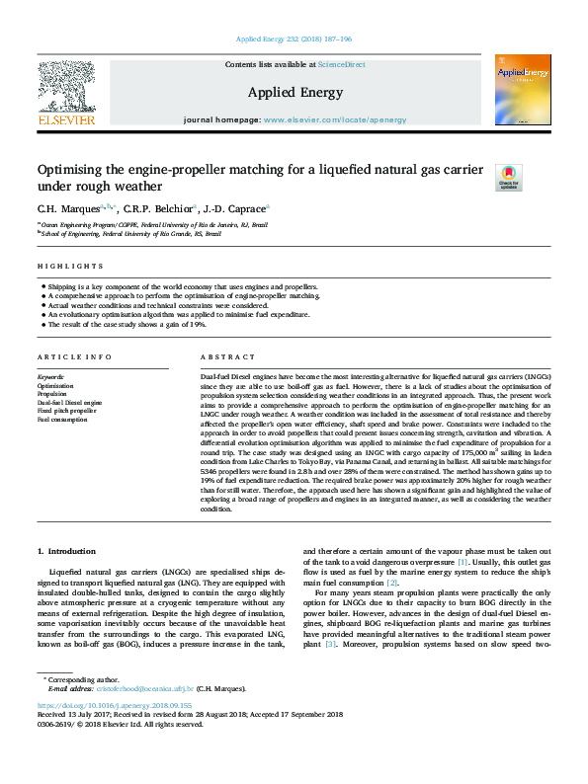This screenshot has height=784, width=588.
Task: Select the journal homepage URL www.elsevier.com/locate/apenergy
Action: point(335,119)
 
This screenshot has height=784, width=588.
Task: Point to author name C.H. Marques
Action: point(68,208)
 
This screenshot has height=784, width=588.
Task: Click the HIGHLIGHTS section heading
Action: point(70,267)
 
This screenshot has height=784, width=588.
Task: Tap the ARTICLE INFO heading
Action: point(73,356)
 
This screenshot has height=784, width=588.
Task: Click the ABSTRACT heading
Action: point(228,356)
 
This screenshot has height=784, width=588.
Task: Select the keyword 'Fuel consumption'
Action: point(63,420)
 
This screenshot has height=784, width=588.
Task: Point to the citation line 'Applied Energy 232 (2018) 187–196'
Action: point(294,39)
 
